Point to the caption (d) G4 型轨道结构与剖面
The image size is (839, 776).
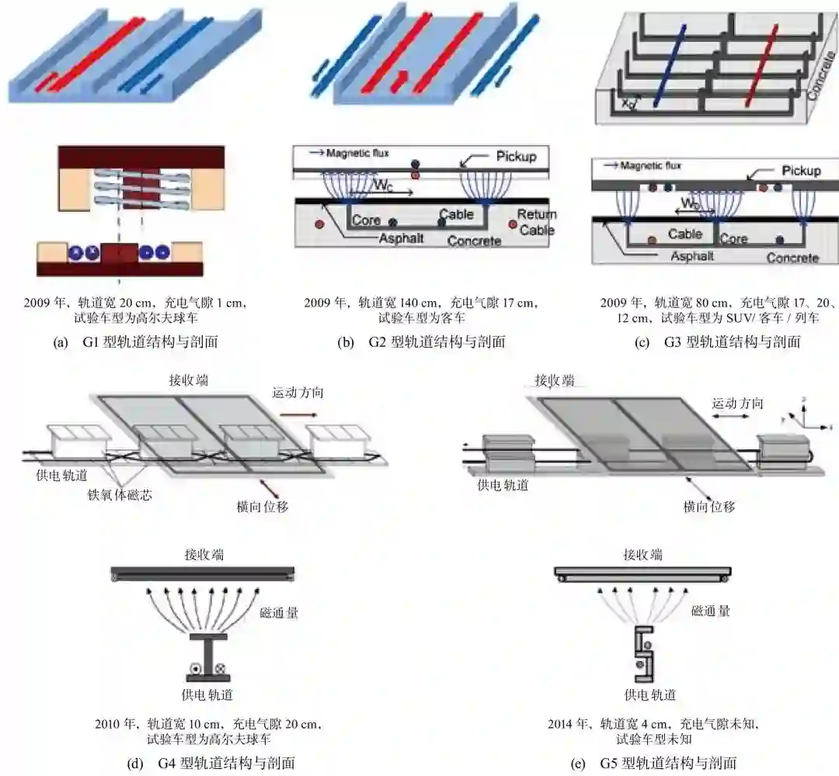pos(211,763)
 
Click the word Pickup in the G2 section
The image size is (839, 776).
pos(516,157)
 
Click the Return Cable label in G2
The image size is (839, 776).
pos(537,221)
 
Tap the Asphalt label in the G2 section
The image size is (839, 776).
pos(401,238)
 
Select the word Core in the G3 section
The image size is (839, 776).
pos(733,239)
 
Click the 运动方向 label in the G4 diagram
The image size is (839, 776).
pos(298,393)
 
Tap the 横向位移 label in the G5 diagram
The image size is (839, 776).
pos(709,506)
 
